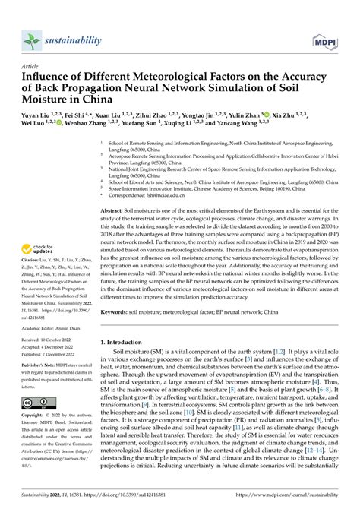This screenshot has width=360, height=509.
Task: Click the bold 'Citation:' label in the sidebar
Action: click(x=31, y=260)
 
